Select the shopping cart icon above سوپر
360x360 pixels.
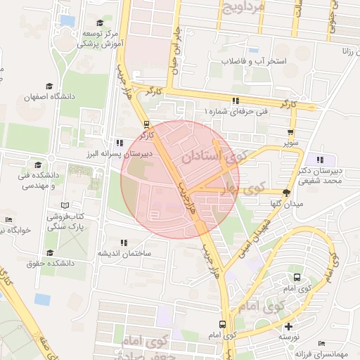click(x=290, y=131)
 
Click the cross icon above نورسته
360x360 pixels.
click(x=288, y=326)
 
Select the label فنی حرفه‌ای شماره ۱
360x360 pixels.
click(x=236, y=112)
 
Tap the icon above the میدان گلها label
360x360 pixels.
click(x=286, y=192)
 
